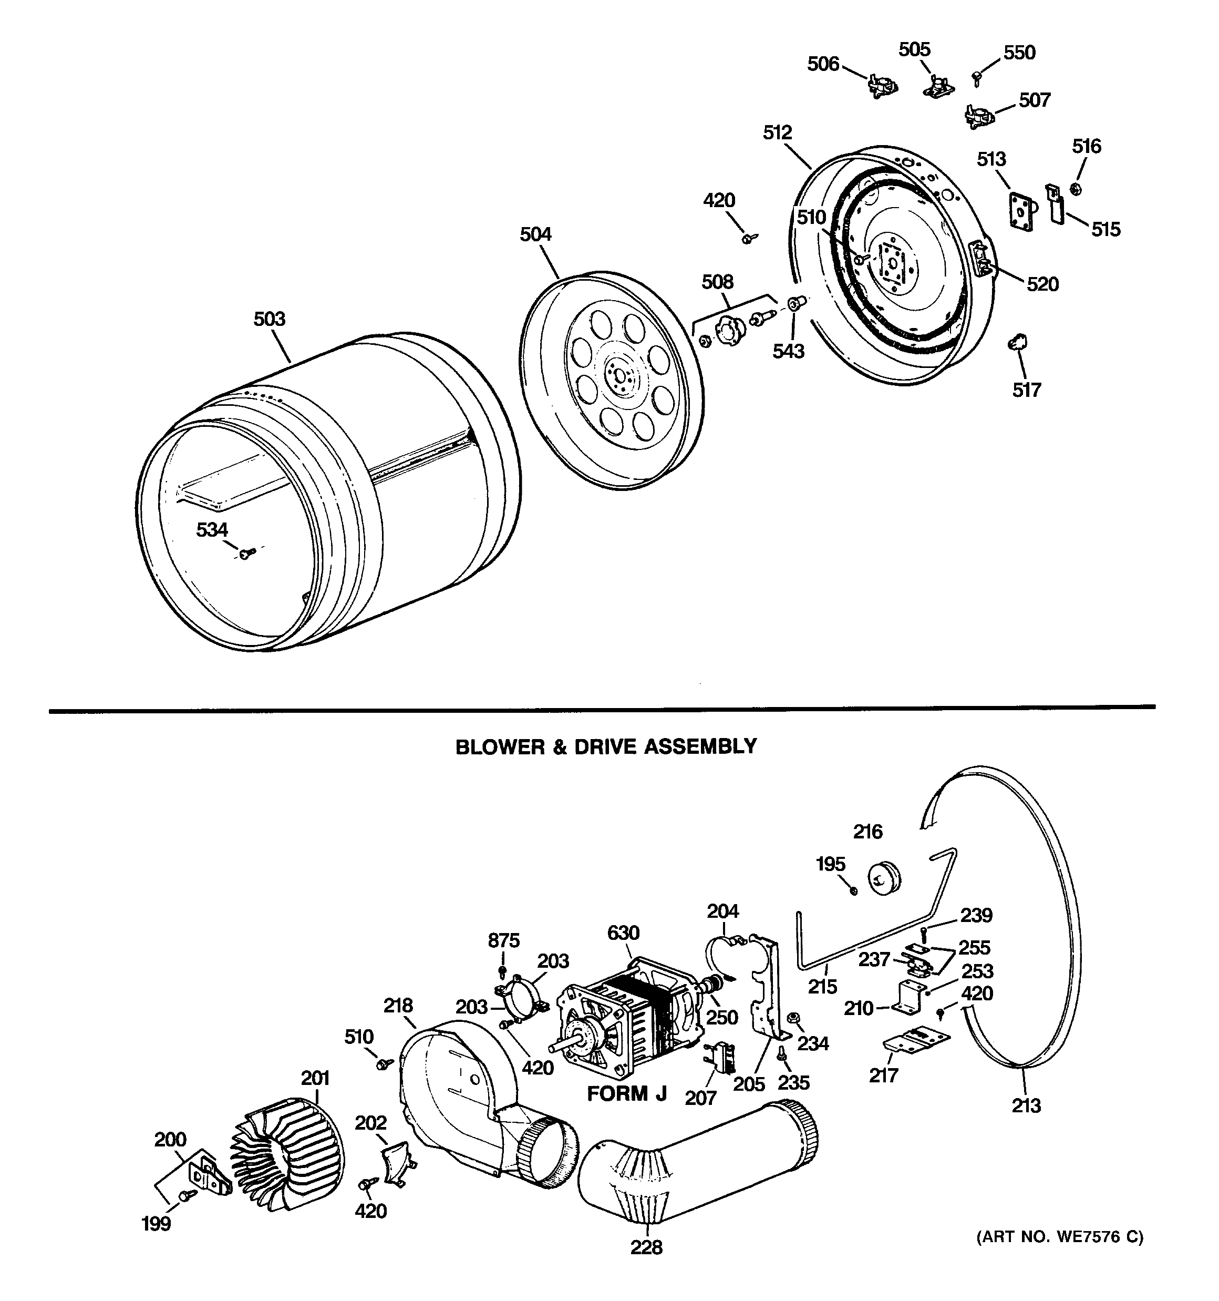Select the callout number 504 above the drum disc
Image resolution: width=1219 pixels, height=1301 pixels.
click(535, 234)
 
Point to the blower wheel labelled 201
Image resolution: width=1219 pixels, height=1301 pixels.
click(285, 1159)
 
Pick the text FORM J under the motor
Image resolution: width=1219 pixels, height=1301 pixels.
click(626, 1093)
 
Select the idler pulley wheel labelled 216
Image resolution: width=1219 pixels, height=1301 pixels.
click(883, 877)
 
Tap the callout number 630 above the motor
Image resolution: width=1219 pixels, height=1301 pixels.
click(623, 933)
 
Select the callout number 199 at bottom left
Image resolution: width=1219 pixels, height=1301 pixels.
click(157, 1223)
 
